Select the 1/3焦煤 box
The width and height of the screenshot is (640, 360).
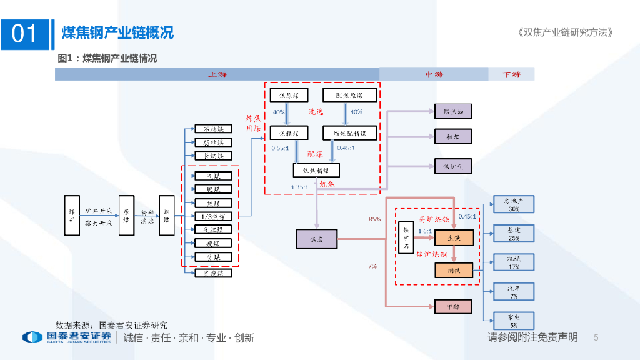tap(213, 216)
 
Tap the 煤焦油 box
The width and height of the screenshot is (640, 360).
tap(453, 112)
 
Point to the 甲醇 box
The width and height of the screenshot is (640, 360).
tap(453, 306)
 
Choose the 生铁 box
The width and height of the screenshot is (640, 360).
tap(453, 237)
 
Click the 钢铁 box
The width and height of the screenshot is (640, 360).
tap(453, 270)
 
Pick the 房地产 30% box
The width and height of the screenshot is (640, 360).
tap(513, 205)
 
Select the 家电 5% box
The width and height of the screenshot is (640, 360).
tap(513, 321)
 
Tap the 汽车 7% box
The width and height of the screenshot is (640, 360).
tap(513, 291)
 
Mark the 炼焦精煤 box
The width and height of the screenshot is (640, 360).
tap(316, 170)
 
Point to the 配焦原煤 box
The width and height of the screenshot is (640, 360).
tap(349, 95)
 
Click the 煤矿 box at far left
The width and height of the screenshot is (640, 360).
tap(72, 216)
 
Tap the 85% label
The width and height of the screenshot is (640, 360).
tap(374, 219)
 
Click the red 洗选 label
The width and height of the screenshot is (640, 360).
tap(316, 112)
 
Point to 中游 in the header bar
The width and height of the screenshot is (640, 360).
tap(433, 74)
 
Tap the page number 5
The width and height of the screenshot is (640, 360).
tap(596, 337)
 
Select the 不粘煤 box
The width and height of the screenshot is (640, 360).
tap(213, 129)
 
